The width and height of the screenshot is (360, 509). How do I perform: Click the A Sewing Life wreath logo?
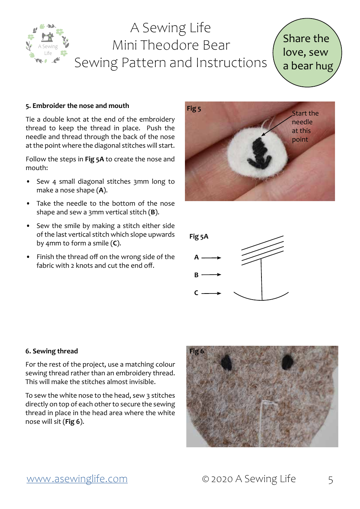[48, 44]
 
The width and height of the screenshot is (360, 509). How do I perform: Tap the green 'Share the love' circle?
[307, 53]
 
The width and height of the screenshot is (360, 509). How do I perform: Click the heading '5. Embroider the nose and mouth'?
[77, 106]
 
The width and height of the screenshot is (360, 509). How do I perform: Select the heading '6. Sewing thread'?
[52, 351]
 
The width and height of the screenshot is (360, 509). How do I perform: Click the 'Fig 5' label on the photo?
[194, 109]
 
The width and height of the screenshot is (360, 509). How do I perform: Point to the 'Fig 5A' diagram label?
[199, 237]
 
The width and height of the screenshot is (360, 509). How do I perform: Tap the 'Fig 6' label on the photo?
[196, 351]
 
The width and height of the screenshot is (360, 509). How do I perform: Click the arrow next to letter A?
[211, 258]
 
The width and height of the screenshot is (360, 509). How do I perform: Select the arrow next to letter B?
[211, 275]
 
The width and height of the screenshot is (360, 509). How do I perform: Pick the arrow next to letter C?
[211, 293]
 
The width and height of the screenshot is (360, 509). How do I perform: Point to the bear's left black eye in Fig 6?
[227, 363]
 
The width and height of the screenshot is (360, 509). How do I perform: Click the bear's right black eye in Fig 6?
[288, 362]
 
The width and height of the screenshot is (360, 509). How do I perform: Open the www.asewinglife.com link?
[77, 479]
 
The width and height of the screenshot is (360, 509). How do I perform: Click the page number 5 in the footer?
[330, 480]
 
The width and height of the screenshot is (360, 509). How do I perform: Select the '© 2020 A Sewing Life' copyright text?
[249, 479]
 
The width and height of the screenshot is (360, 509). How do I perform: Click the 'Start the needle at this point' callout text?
[305, 126]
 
